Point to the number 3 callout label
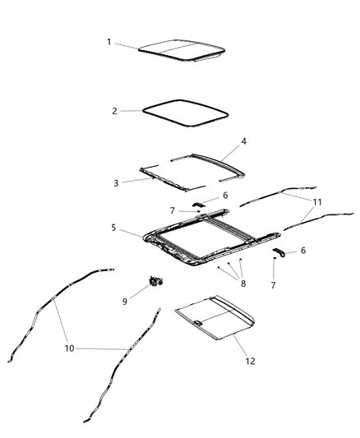click(115, 182)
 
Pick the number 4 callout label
click(243, 141)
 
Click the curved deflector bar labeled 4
click(205, 158)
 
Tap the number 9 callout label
click(124, 301)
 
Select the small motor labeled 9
click(155, 281)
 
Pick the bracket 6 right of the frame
click(280, 254)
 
